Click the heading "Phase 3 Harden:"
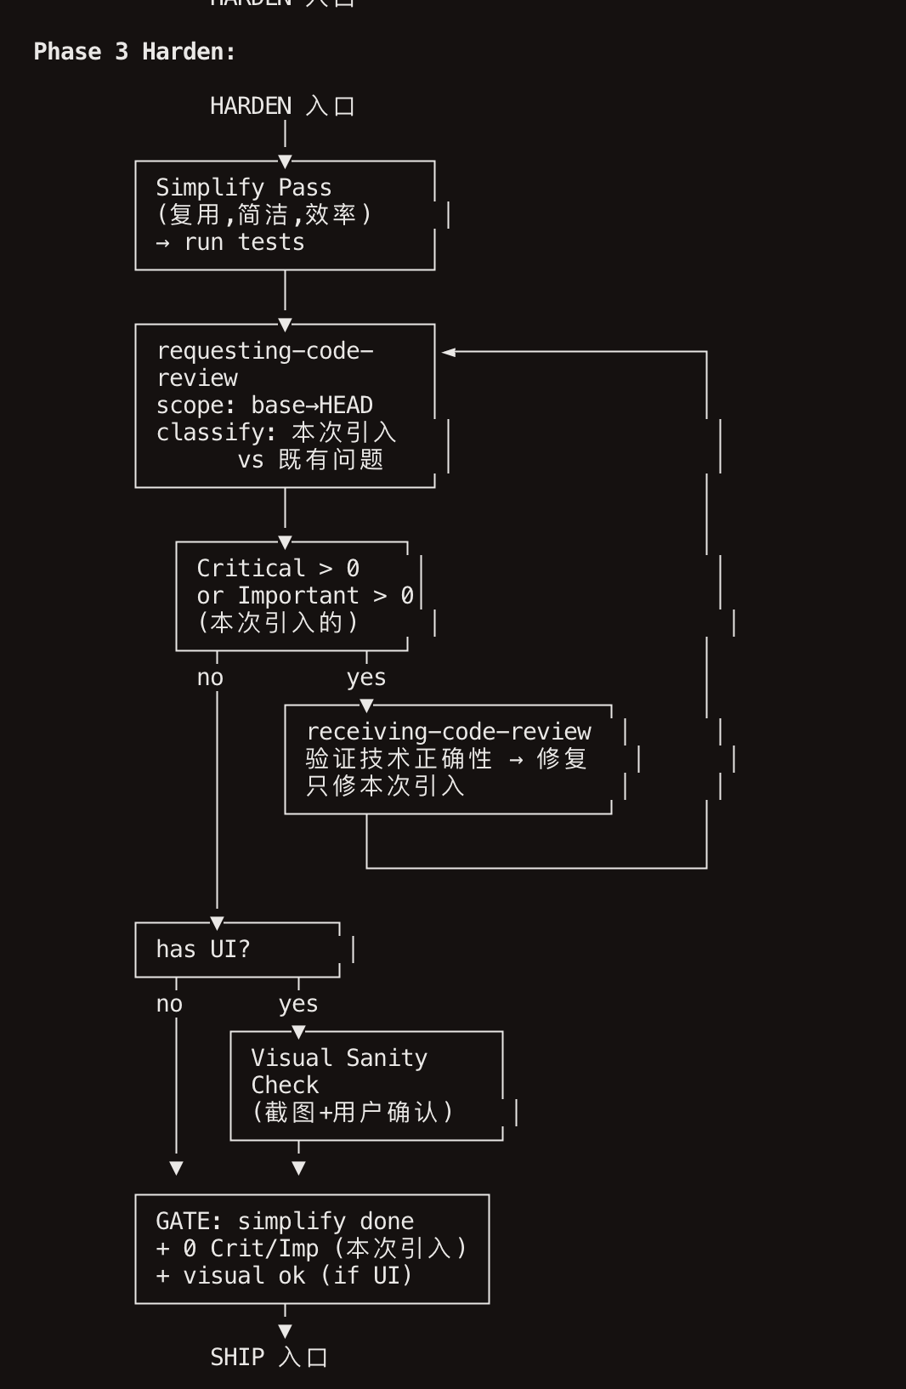pyautogui.click(x=134, y=52)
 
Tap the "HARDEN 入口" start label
pyautogui.click(x=282, y=106)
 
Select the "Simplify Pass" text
pyautogui.click(x=244, y=187)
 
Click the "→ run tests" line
pyautogui.click(x=230, y=242)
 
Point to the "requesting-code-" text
pyautogui.click(x=265, y=350)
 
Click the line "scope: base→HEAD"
pyautogui.click(x=264, y=405)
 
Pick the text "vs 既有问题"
pyautogui.click(x=310, y=460)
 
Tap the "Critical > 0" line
pyautogui.click(x=278, y=568)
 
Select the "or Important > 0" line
pyautogui.click(x=305, y=595)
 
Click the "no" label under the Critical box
pyautogui.click(x=210, y=677)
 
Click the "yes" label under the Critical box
pyautogui.click(x=366, y=677)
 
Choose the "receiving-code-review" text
pyautogui.click(x=449, y=731)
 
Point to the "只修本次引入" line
pyautogui.click(x=385, y=785)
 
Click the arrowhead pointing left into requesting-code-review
pyautogui.click(x=449, y=351)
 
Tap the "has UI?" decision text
pyautogui.click(x=203, y=949)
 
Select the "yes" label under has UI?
pyautogui.click(x=298, y=1004)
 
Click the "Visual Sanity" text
pyautogui.click(x=339, y=1057)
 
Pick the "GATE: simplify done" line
pyautogui.click(x=285, y=1221)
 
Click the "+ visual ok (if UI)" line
pyautogui.click(x=285, y=1275)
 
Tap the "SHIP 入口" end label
pyautogui.click(x=269, y=1357)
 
